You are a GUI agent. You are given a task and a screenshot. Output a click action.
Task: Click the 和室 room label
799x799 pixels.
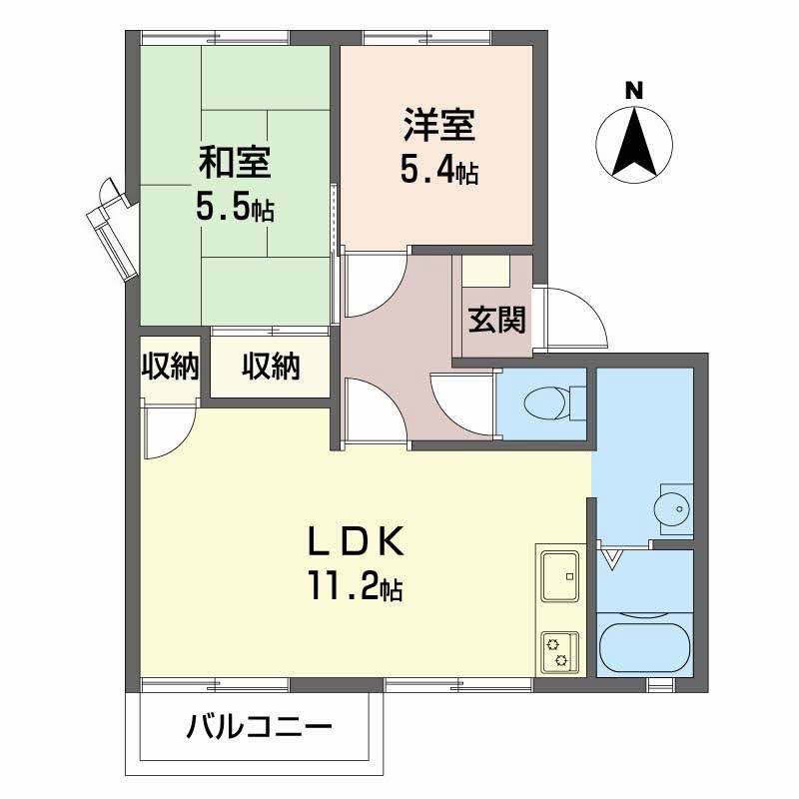235,162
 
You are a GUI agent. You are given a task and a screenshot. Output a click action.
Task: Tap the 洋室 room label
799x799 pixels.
439,124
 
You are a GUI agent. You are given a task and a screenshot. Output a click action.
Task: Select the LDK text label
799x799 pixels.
356,541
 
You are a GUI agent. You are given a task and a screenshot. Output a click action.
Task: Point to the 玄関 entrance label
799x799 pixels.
496,320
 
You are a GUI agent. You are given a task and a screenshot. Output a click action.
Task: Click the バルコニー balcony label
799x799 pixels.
260,727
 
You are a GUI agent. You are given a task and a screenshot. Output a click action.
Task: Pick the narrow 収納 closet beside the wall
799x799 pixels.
170,366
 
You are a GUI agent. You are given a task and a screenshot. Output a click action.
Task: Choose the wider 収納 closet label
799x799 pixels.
271,366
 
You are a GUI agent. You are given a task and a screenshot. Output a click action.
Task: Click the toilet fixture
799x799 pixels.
555,403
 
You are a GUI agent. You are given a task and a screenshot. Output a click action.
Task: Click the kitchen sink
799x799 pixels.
560,576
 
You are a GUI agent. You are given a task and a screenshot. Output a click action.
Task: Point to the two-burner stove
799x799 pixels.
560,652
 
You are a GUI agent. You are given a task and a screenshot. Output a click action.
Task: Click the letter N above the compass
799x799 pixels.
634,91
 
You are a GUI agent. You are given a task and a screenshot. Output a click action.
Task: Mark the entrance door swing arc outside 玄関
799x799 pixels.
591,305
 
